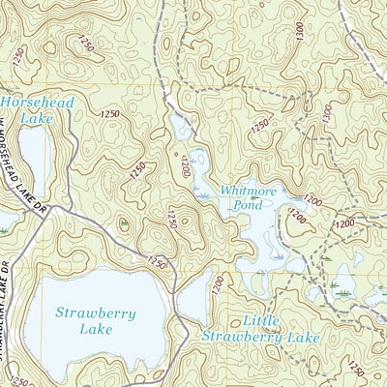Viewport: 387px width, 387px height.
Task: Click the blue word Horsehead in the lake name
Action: click(28, 101)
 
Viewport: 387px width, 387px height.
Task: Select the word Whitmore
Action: click(248, 191)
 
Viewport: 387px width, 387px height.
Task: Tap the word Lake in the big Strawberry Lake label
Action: click(96, 329)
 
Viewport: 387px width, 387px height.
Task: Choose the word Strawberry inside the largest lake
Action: click(96, 313)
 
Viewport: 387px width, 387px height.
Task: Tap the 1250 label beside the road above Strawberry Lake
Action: click(158, 262)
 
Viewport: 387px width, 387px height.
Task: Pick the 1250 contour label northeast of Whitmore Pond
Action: click(259, 127)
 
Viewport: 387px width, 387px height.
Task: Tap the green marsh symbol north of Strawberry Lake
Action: click(123, 223)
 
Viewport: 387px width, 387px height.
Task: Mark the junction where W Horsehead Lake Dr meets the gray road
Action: click(49, 207)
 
